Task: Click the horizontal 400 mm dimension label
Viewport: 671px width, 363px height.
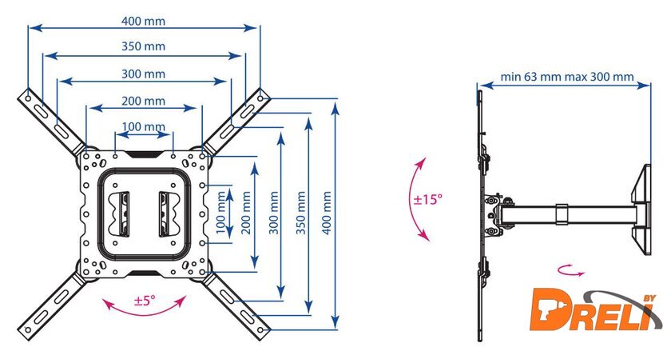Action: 144,19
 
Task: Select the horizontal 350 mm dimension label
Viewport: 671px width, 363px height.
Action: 144,46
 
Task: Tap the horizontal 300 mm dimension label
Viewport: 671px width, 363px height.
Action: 144,74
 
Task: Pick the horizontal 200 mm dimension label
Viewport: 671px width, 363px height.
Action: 144,101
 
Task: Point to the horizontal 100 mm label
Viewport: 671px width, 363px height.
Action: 144,126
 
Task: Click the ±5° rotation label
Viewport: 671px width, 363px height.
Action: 145,301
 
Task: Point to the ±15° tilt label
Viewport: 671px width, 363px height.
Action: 428,198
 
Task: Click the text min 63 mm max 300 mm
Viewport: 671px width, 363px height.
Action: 567,78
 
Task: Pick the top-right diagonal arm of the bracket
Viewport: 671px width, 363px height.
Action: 240,120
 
